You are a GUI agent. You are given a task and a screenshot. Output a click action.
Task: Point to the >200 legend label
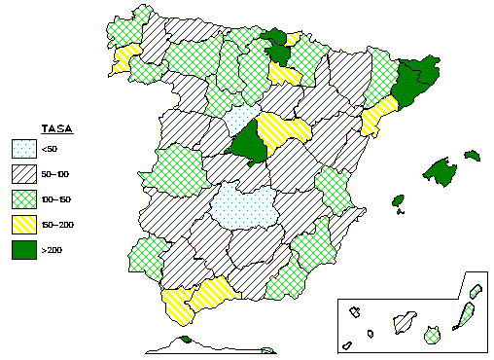(52, 251)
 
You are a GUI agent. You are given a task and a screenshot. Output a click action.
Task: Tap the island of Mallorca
(442, 171)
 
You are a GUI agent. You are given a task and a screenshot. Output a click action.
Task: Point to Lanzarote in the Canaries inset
(476, 291)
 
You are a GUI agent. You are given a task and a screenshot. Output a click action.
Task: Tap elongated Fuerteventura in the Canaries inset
(465, 316)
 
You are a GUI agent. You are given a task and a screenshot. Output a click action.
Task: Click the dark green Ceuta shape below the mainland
(185, 341)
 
